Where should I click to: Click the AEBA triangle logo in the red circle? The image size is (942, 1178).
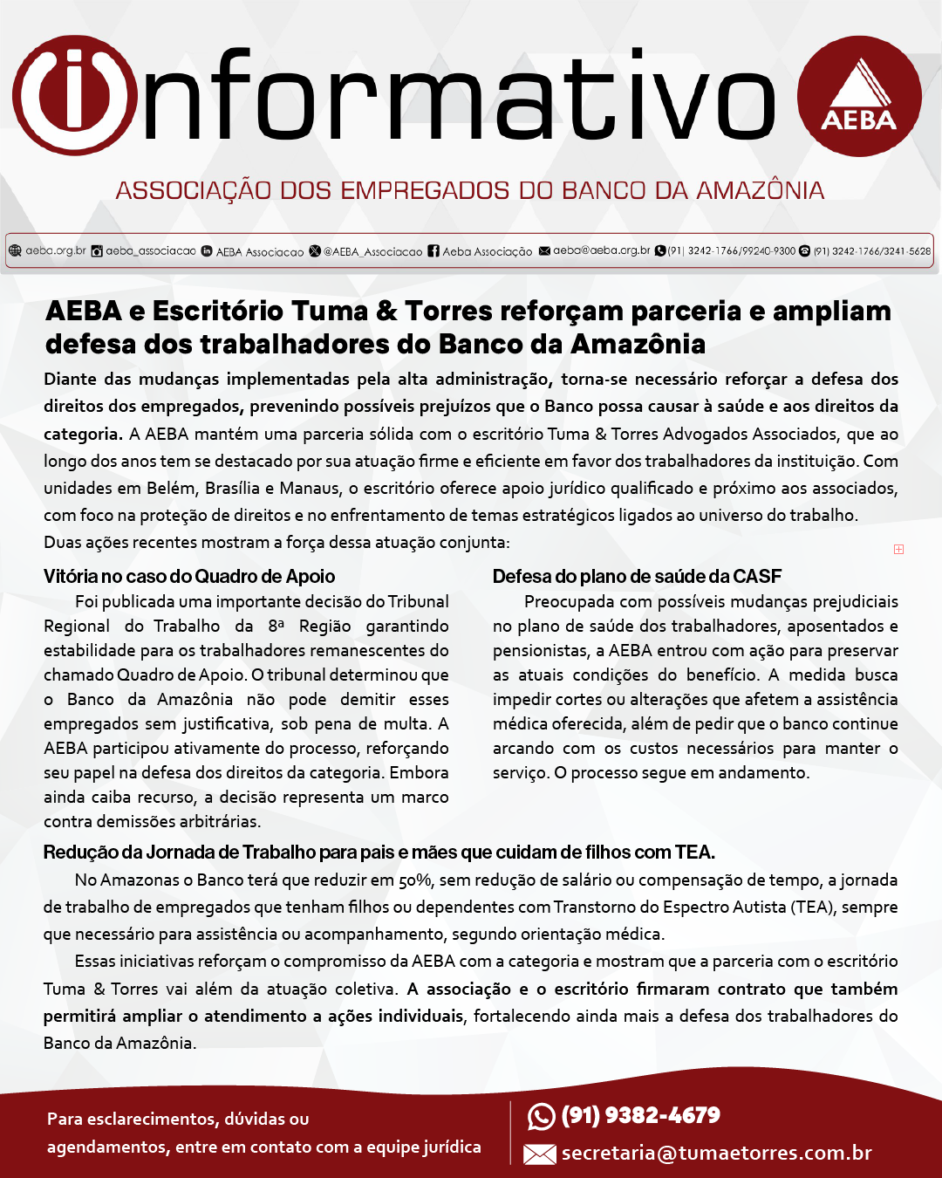[859, 96]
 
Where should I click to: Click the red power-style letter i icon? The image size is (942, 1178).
[74, 96]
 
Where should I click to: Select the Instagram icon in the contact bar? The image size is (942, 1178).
[98, 251]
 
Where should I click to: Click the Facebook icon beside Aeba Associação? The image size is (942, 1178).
[433, 251]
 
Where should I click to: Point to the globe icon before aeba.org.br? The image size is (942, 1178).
[15, 250]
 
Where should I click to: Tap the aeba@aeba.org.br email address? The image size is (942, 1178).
[601, 250]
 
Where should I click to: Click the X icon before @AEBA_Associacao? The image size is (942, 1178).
[315, 251]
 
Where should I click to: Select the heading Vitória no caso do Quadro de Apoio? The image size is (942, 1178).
[189, 576]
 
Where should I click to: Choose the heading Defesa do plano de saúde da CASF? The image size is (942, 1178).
[637, 576]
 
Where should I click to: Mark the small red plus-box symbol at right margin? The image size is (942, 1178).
[898, 549]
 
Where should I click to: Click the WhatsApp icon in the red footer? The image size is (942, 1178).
[541, 1116]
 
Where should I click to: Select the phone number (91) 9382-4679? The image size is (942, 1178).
[641, 1115]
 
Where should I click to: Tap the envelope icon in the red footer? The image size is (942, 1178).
[540, 1154]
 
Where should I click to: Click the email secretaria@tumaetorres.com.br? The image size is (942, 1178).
[717, 1154]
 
